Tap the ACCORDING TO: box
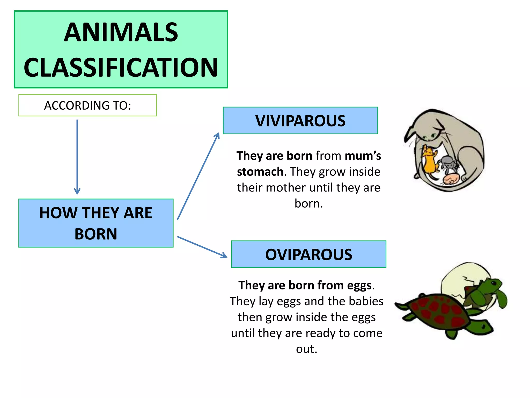coord(87,105)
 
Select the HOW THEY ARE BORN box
coord(96,223)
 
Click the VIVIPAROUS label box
coord(300,121)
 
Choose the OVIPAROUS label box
coord(308,254)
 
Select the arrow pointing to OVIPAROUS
coord(202,247)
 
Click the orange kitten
coord(430,161)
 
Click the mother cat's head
coord(427,130)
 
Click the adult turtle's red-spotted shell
coord(437,311)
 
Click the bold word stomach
coord(260,172)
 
